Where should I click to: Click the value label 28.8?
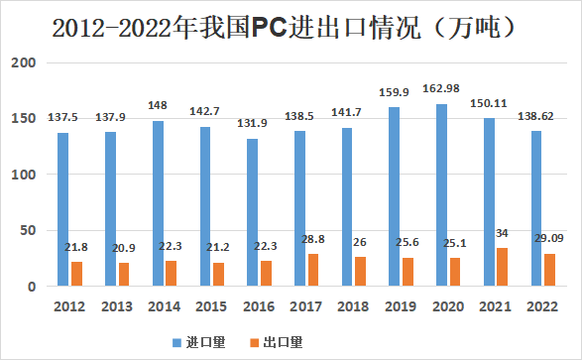(314, 241)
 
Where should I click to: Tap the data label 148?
(157, 107)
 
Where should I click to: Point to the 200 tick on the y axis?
(24, 63)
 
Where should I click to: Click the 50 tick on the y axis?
(28, 231)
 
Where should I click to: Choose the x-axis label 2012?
(68, 305)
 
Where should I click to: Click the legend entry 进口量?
(204, 342)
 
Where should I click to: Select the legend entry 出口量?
(282, 342)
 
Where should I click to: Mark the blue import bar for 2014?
(157, 203)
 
